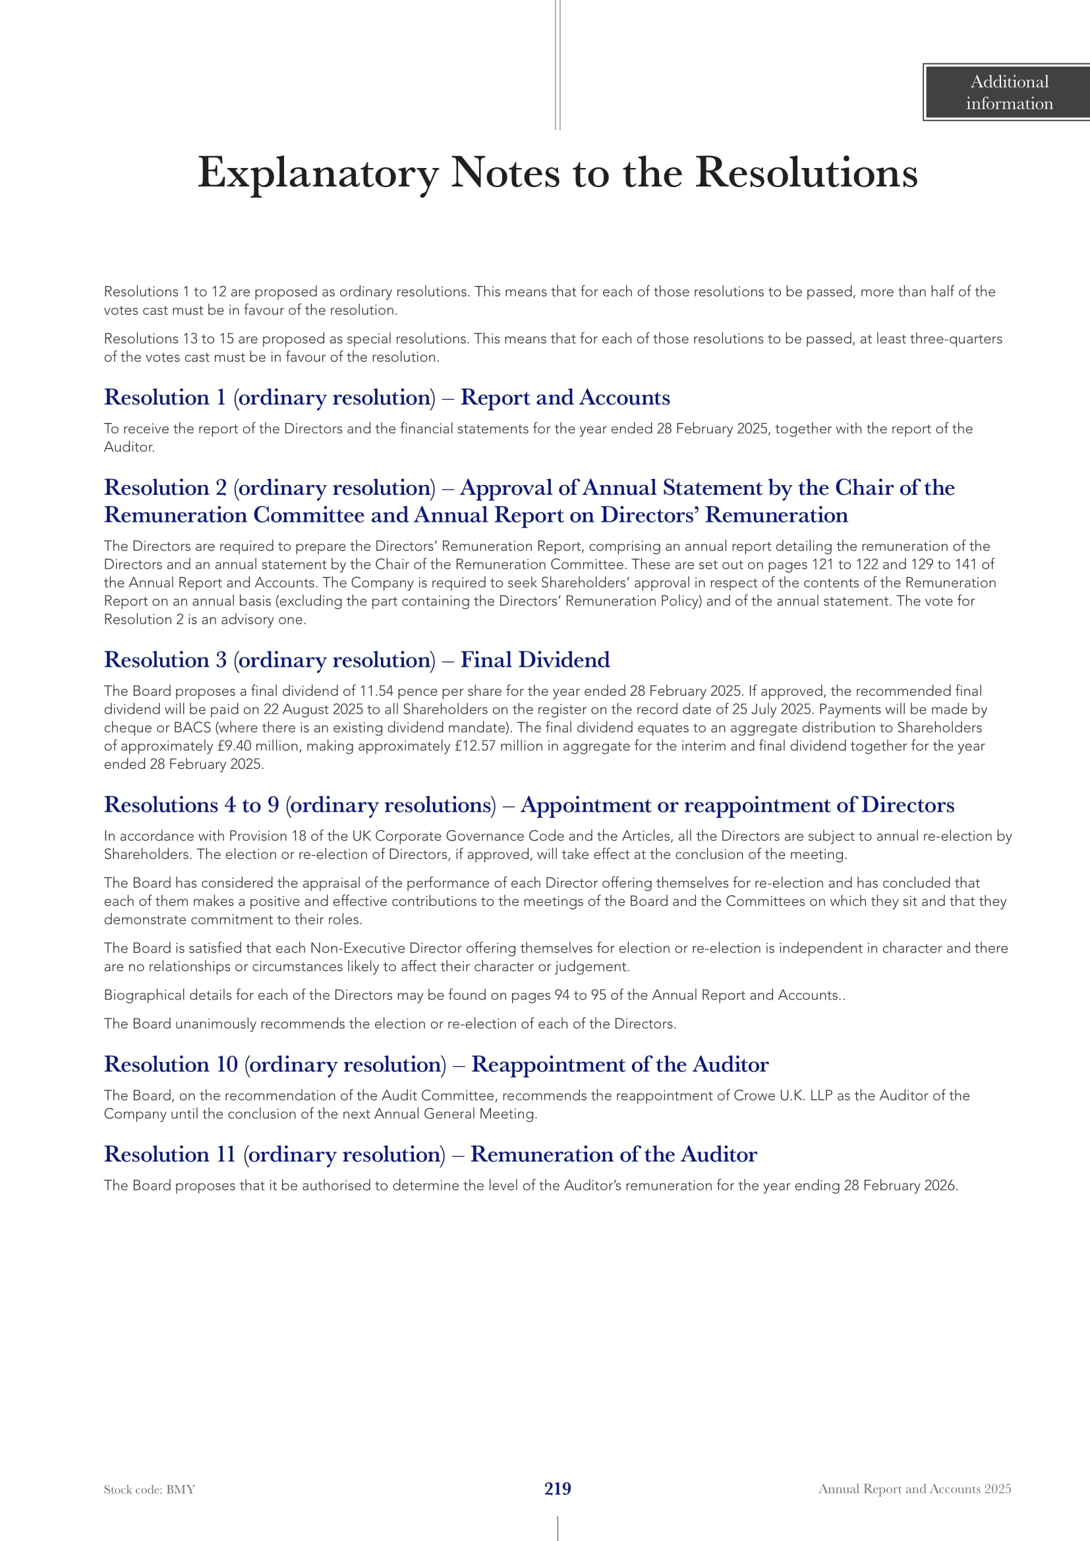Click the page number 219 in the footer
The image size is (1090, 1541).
coord(557,1489)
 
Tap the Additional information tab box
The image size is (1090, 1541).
coord(1008,93)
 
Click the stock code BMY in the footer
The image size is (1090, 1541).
coord(149,1490)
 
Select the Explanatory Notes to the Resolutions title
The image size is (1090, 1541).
coord(557,173)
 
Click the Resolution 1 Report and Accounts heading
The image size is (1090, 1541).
coord(387,397)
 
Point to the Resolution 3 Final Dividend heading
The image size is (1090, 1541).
coord(357,659)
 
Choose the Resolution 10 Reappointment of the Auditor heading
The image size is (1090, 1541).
coord(436,1065)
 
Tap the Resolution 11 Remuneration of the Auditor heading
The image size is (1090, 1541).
coord(430,1154)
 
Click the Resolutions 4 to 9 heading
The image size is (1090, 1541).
coord(529,804)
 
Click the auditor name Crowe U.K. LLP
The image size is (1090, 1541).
coord(783,1096)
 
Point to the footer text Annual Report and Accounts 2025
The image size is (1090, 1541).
coord(914,1490)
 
